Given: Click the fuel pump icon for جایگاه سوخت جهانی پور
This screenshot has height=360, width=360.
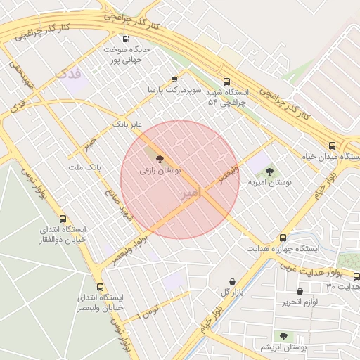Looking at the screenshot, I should (127, 39).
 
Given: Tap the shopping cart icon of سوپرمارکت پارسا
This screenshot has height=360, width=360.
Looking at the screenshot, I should (174, 79).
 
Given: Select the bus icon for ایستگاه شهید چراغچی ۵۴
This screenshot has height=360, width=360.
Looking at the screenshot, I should (226, 82).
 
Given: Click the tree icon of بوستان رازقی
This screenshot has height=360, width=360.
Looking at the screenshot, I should (160, 159).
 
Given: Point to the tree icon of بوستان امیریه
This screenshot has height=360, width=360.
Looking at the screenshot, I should (269, 172).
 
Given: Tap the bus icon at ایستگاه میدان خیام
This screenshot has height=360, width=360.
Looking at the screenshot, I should (332, 146).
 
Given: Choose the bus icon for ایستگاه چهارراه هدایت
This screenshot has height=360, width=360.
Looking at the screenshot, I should (283, 238).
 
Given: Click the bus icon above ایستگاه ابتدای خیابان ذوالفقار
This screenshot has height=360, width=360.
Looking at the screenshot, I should (63, 219).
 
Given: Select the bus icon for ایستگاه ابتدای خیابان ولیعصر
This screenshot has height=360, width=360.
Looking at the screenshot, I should (100, 287).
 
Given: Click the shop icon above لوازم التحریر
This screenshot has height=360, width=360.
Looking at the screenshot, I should (301, 291).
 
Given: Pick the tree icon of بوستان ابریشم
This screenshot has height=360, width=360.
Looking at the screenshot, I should (283, 337).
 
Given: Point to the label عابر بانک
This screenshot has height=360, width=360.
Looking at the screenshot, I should (127, 124).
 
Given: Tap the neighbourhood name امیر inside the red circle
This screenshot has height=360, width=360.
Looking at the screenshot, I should (191, 192).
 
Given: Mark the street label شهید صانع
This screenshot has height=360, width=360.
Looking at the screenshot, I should (119, 201).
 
